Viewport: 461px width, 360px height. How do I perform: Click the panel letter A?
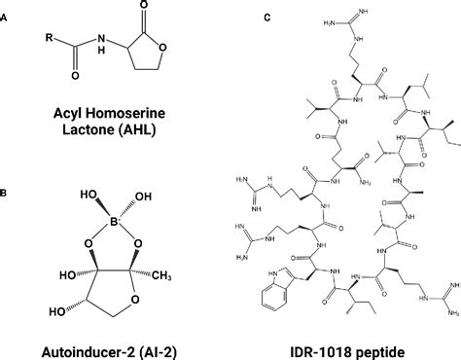coord(6,13)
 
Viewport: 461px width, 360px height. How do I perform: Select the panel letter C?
coord(238,13)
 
